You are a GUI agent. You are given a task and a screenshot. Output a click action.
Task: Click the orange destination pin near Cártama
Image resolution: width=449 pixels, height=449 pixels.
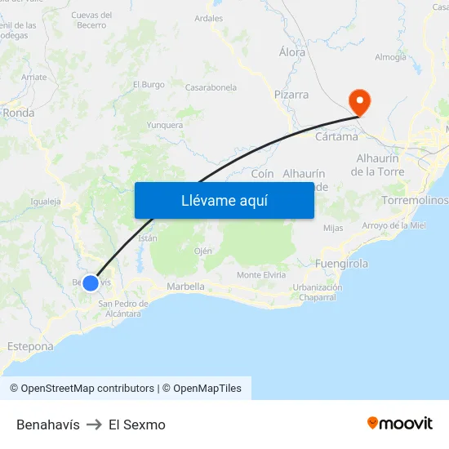click(x=359, y=101)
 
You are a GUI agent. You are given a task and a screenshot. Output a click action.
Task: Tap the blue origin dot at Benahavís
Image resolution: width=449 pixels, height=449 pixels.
click(x=91, y=283)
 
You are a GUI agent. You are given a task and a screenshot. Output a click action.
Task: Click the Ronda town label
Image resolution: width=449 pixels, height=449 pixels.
click(x=18, y=113)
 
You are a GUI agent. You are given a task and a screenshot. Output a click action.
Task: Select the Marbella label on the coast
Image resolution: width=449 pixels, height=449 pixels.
click(x=185, y=287)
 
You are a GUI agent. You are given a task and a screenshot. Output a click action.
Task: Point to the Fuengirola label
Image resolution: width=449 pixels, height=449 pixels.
click(x=341, y=264)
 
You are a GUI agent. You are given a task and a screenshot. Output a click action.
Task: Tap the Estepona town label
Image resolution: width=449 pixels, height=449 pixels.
click(x=30, y=346)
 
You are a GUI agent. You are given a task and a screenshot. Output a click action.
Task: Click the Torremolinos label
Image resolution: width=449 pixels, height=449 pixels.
click(x=415, y=200)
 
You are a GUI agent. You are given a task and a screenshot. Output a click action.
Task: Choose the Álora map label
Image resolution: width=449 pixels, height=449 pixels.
click(x=292, y=52)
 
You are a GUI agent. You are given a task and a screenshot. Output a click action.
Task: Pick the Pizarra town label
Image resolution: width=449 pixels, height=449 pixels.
click(x=291, y=95)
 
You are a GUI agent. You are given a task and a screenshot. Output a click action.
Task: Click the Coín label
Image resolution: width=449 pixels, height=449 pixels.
click(x=262, y=174)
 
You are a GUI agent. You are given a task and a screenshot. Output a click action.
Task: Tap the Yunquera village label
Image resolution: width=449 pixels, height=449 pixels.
click(x=164, y=125)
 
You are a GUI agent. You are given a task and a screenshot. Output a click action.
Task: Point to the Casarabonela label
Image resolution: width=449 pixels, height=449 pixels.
click(x=211, y=87)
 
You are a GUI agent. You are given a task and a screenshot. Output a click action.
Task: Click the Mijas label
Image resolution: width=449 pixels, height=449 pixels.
click(x=333, y=228)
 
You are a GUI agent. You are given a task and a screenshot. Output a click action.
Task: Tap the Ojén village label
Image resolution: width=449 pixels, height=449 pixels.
click(x=202, y=251)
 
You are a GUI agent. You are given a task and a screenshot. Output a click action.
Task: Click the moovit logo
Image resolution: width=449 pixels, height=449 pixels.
click(x=400, y=423)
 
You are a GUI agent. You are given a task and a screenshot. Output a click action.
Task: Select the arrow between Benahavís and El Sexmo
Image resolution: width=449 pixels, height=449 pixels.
click(x=94, y=425)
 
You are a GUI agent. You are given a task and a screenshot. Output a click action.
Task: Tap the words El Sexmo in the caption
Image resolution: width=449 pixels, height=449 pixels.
click(x=137, y=425)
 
